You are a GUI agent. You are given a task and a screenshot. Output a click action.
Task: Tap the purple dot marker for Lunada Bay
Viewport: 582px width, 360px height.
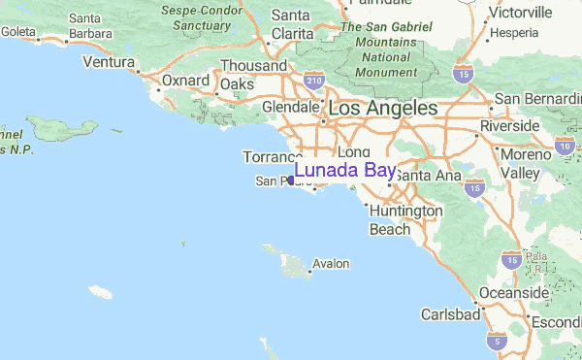pos(291,180)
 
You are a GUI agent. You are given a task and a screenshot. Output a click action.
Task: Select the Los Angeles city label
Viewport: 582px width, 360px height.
pos(382,109)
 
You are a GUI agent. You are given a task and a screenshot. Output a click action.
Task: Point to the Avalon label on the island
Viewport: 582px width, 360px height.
pos(331,264)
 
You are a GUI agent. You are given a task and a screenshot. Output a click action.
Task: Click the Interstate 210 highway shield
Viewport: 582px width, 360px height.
pos(312,81)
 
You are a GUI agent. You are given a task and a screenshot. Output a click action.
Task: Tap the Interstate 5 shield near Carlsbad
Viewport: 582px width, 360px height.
pos(497,341)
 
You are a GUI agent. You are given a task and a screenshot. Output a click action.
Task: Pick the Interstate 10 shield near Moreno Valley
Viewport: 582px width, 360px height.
pos(563,146)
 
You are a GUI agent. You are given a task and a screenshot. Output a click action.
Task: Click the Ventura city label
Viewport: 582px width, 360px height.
pos(107,63)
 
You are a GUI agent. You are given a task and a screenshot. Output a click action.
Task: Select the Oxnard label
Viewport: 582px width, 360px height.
pos(185,81)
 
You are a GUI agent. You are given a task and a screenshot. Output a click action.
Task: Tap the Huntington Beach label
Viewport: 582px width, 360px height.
pos(405,220)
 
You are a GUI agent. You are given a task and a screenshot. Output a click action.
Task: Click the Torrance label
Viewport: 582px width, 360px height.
pos(267,156)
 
